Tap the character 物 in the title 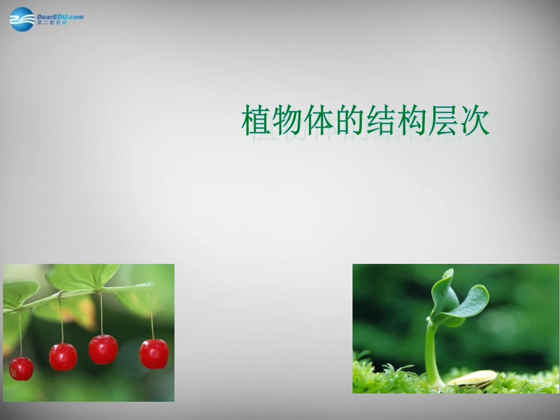[x=288, y=120]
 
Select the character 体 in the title [x=319, y=120]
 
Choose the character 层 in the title [x=444, y=120]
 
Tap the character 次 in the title [x=475, y=120]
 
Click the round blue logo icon [x=22, y=19]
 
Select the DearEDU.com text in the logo [x=60, y=16]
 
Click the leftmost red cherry [x=21, y=369]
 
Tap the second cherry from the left [x=63, y=356]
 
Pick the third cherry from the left [x=103, y=349]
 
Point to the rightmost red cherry [x=154, y=353]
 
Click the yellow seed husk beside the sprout [x=473, y=378]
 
